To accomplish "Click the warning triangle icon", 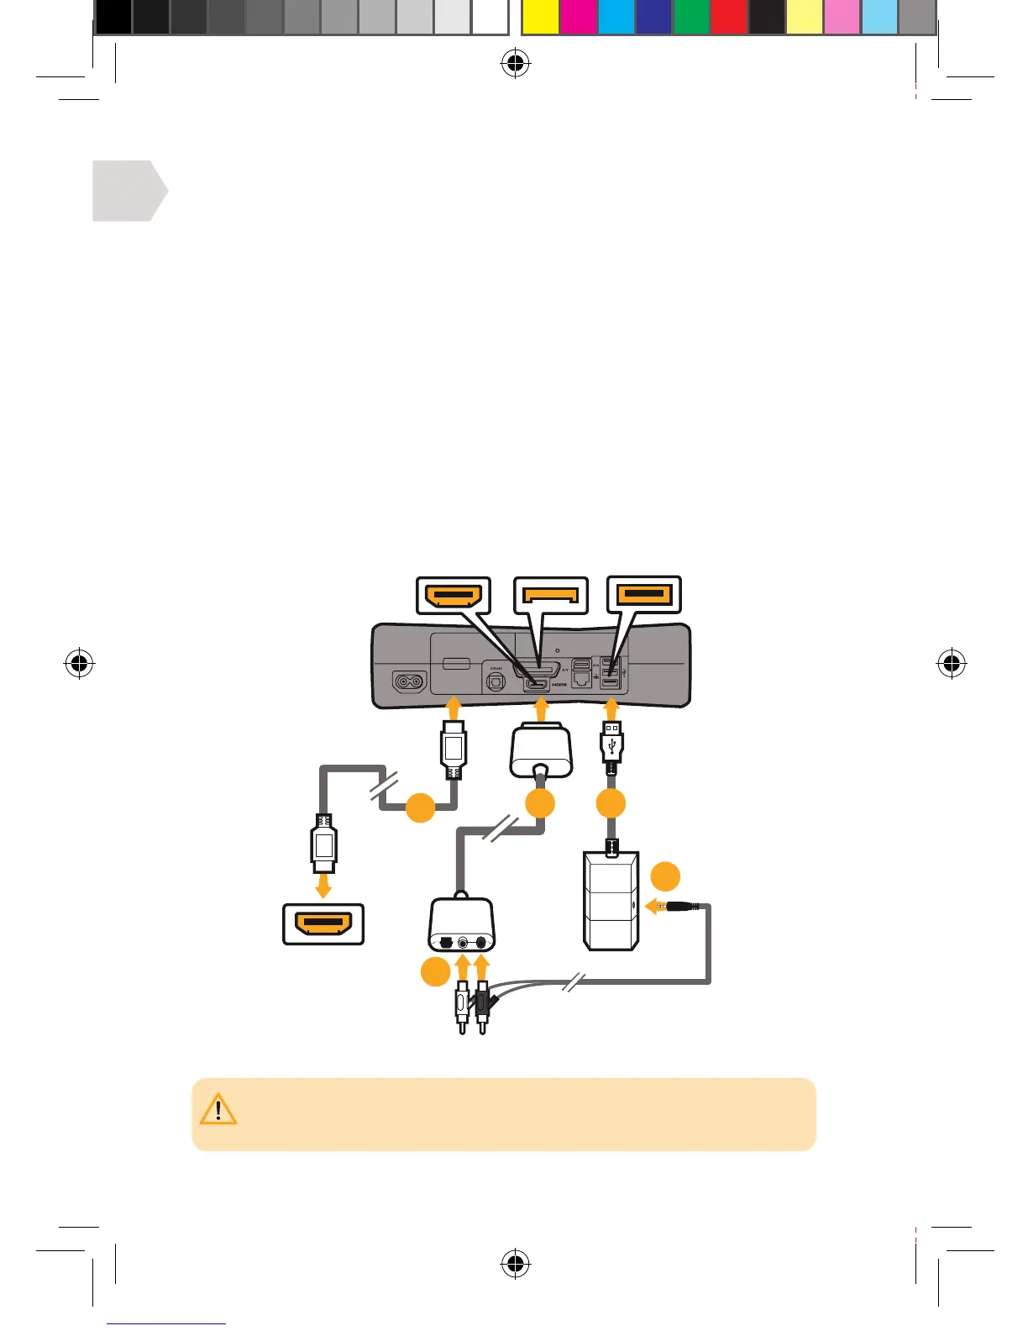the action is [218, 1109].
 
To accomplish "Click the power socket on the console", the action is [410, 681].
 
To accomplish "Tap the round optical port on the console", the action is [496, 683].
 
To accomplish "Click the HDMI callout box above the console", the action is [454, 597].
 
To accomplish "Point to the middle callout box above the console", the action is [551, 597].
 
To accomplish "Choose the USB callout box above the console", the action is [644, 595].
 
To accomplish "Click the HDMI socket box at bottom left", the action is [323, 924].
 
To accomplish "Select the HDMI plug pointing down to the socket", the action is [324, 844].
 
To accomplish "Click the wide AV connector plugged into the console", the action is [542, 750].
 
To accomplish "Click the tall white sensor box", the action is [611, 901].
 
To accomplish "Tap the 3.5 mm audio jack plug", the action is [680, 907].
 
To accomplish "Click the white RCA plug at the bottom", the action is [463, 1003].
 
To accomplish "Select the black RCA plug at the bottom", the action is [482, 1003].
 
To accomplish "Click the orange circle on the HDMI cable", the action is [421, 808].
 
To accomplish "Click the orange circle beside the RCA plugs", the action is [434, 972].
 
